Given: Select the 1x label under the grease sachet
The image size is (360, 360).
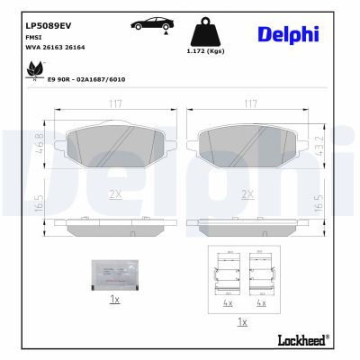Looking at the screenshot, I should (113, 300).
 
